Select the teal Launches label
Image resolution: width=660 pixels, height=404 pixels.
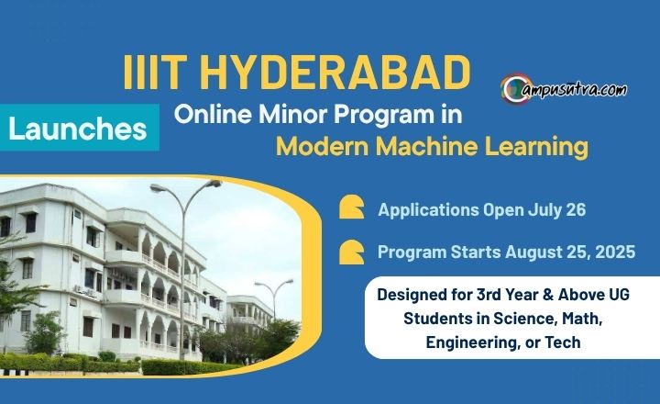(x=80, y=128)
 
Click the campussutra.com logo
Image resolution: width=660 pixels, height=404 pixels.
(x=564, y=89)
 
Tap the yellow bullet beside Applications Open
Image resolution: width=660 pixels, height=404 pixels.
(x=351, y=207)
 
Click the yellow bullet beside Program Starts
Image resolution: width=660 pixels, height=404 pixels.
(x=351, y=252)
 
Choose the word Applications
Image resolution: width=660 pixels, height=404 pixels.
(x=428, y=210)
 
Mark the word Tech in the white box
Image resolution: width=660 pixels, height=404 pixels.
(x=563, y=342)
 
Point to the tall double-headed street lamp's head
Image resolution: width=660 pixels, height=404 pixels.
(x=186, y=185)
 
